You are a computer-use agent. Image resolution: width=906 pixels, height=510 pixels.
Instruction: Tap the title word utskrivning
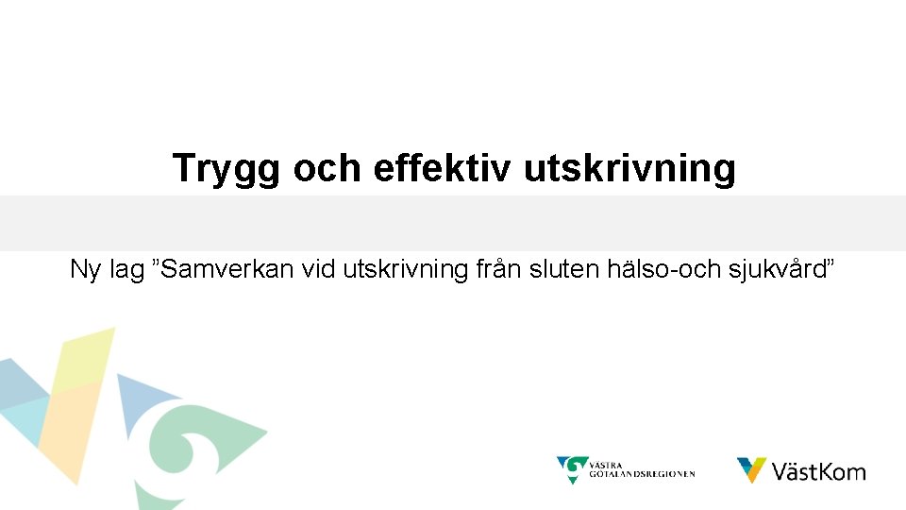629,168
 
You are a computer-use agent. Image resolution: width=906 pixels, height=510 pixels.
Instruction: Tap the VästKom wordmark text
818,471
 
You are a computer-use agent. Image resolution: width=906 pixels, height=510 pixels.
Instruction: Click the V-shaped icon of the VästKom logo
751,469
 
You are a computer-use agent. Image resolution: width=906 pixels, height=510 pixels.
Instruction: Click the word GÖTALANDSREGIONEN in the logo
643,474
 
